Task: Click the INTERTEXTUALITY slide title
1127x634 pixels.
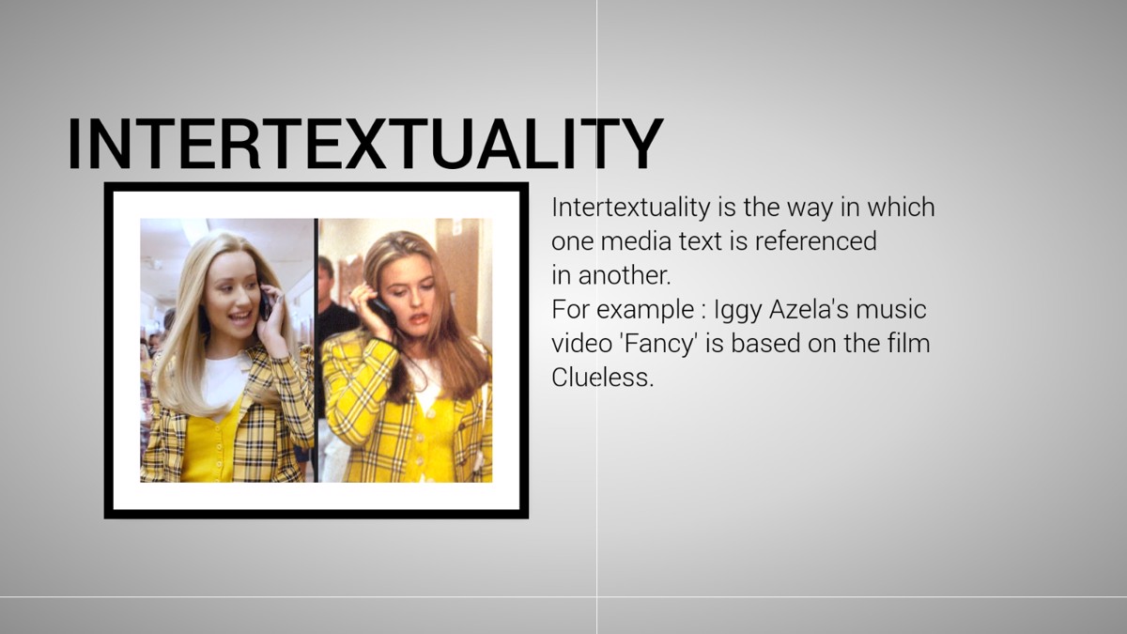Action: [365, 144]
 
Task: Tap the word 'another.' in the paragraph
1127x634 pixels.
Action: [625, 275]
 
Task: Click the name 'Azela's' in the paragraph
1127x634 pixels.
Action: [809, 309]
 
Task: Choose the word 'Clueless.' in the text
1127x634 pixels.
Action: [602, 377]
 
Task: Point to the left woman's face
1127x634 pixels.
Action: [233, 297]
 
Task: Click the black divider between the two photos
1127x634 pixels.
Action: [316, 350]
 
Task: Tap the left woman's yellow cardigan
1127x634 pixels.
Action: [210, 441]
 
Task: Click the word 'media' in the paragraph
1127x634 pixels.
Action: [636, 240]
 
